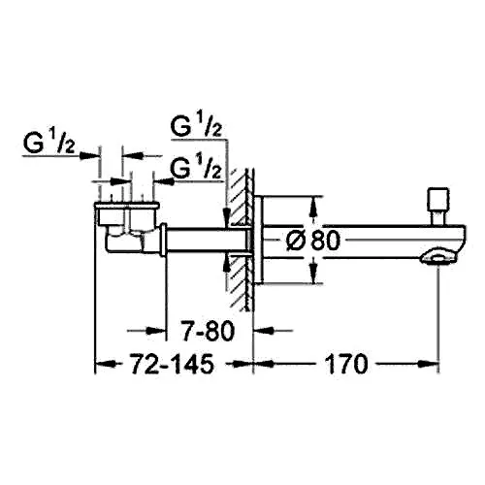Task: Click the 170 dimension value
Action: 346,364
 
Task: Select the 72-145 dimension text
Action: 172,364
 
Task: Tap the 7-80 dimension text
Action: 208,331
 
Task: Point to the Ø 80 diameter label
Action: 313,241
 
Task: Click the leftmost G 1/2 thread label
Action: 49,143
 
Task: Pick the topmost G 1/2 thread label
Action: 196,126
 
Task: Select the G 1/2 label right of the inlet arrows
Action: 196,168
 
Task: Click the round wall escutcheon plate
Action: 259,240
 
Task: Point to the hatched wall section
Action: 238,240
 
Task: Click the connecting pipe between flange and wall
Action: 207,240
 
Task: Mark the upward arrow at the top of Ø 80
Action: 312,209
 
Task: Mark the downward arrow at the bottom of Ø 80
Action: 312,272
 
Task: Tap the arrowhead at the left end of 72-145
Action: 106,364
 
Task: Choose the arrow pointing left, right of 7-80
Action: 274,331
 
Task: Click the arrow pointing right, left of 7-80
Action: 146,331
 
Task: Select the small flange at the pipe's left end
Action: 164,240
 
